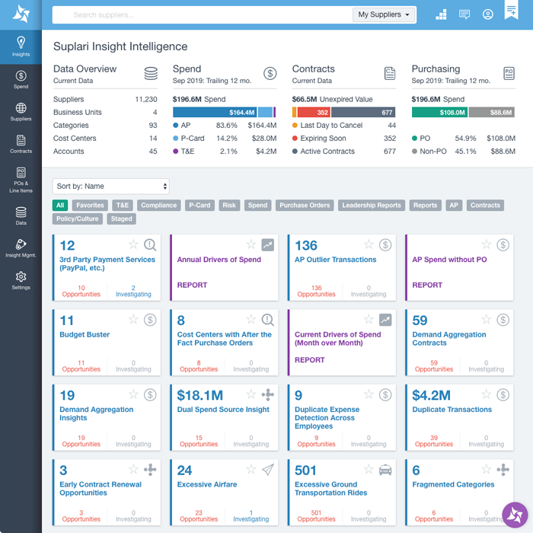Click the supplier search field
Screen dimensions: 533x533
(198, 14)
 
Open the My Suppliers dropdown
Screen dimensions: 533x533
(385, 14)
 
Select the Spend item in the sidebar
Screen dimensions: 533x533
(21, 79)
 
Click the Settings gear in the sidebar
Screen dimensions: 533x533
(21, 279)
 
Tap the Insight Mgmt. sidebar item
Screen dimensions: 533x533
(21, 248)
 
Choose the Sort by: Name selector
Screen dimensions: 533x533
(111, 187)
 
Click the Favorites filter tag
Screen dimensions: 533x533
(90, 206)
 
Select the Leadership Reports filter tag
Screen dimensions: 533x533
(371, 206)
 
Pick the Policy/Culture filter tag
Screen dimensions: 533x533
(78, 219)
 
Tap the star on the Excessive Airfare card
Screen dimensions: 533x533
(251, 470)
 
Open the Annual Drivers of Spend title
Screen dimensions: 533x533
(219, 260)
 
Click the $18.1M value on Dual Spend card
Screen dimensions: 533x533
(200, 396)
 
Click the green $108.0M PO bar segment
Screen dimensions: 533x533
(439, 113)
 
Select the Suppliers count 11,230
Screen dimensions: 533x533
(145, 100)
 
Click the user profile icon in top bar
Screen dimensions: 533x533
(488, 14)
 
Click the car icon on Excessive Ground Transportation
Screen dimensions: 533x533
(385, 470)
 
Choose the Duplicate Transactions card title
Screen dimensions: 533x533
(452, 410)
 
